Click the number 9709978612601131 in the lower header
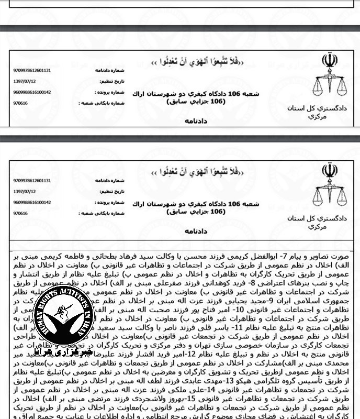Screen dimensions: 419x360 click(x=32, y=180)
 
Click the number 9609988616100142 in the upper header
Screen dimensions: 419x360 click(x=32, y=92)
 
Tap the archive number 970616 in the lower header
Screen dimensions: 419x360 click(x=20, y=213)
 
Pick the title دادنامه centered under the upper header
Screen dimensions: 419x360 click(x=196, y=120)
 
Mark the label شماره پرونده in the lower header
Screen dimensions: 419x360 click(x=114, y=202)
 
